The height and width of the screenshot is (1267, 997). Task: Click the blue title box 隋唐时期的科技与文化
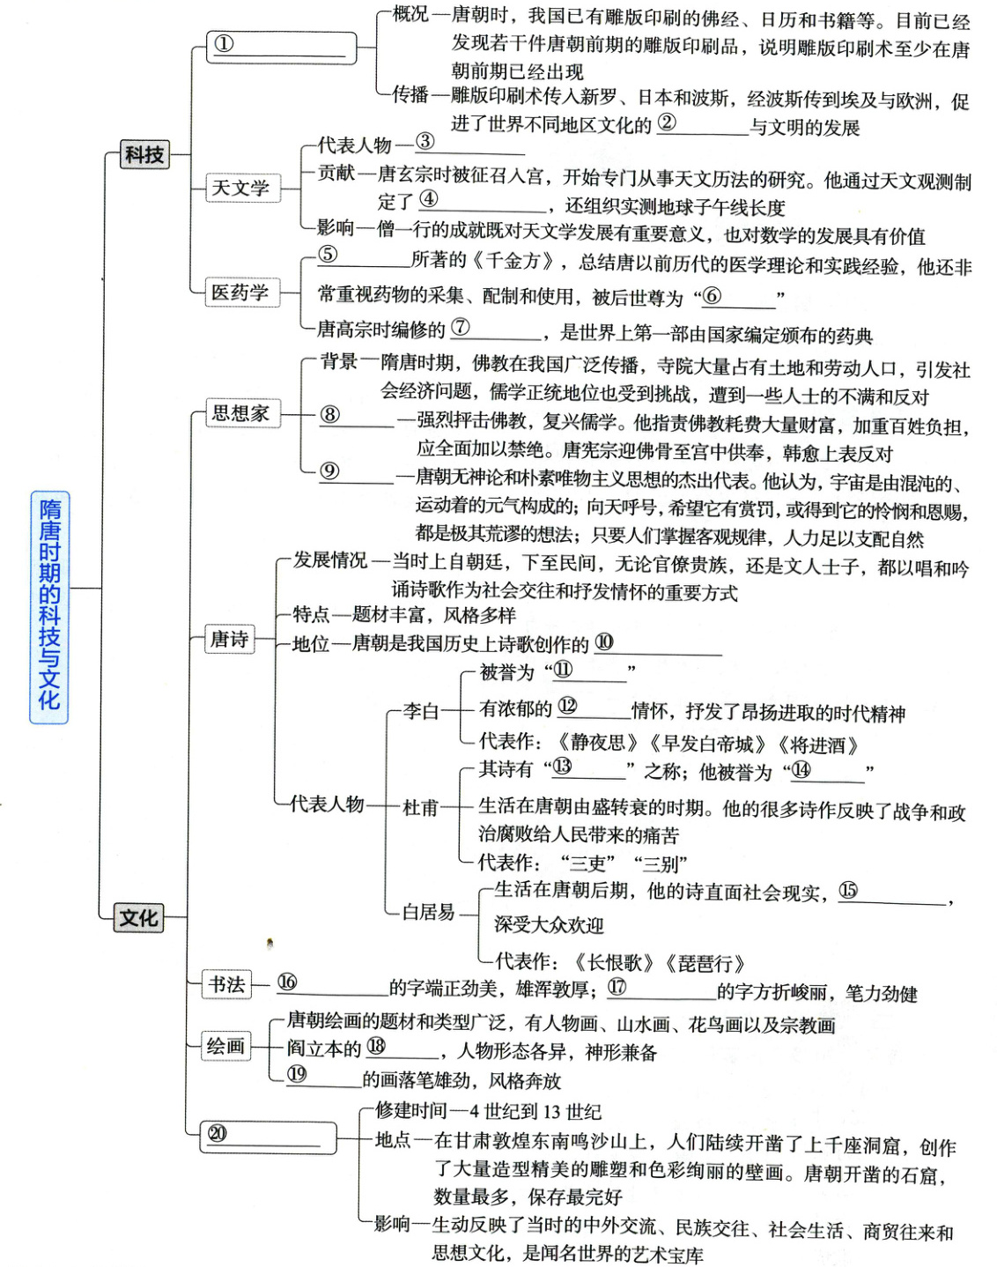49,606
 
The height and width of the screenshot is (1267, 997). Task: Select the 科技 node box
144,155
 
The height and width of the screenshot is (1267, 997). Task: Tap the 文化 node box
139,918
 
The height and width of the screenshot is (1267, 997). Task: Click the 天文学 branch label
240,188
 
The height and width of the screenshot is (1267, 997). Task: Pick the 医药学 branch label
240,293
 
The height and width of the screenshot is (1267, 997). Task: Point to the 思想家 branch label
240,412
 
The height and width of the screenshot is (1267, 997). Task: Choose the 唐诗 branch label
229,639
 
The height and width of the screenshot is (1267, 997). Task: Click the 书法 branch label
226,984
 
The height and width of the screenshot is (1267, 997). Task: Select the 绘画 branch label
225,1046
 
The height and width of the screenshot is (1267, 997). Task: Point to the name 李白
420,710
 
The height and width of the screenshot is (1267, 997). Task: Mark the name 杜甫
420,807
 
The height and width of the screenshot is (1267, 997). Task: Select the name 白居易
428,912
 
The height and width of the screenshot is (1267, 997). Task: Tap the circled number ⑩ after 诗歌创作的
604,642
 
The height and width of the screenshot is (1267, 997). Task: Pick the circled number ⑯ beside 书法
287,982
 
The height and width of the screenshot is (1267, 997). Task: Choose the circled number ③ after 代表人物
425,141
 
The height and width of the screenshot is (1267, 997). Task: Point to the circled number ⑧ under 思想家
329,414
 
